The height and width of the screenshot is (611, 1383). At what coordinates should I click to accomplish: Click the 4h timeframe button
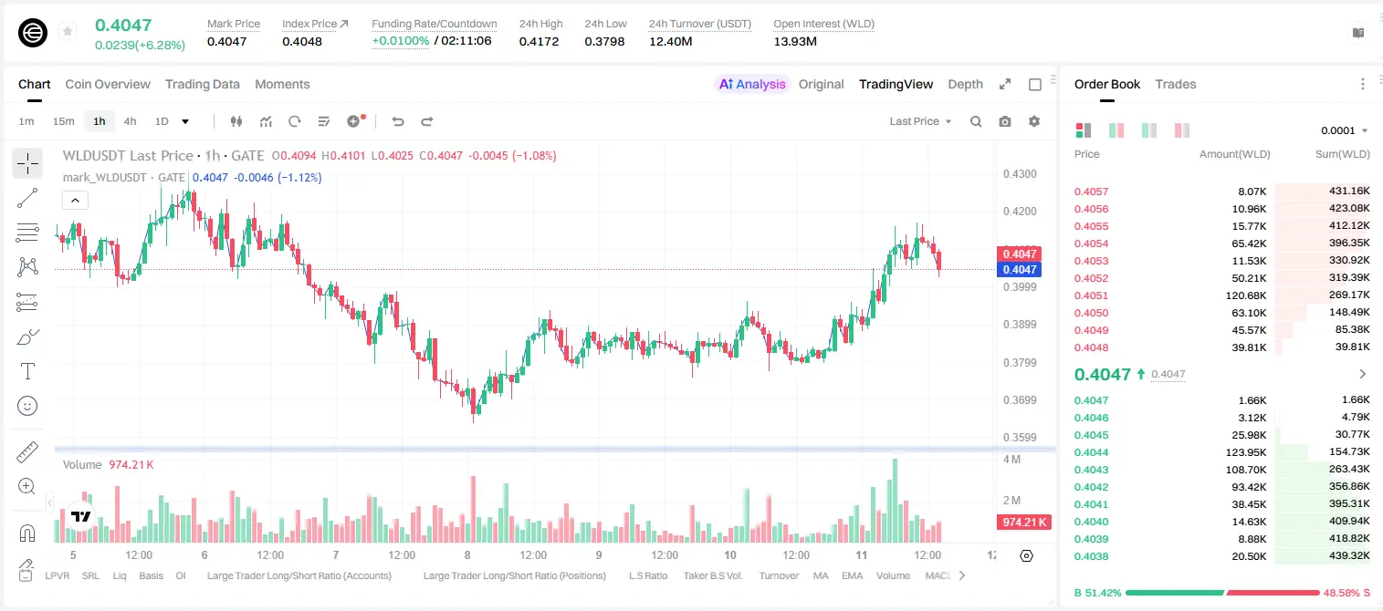click(x=130, y=121)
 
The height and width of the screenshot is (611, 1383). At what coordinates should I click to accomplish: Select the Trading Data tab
click(x=202, y=84)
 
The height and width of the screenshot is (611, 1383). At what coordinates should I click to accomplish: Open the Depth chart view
click(x=965, y=84)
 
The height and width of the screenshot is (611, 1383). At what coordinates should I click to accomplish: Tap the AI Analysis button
click(x=752, y=84)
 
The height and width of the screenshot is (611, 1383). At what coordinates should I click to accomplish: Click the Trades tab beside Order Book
click(x=1176, y=84)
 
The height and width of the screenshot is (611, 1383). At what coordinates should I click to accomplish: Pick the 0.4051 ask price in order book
click(x=1091, y=295)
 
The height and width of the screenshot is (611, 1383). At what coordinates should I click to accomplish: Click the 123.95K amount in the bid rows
click(x=1246, y=452)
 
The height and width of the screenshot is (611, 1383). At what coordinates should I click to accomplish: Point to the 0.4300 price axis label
click(x=1020, y=174)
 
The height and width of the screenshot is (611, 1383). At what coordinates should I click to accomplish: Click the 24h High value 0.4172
click(x=539, y=41)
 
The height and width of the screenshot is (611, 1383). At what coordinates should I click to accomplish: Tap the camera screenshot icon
click(x=1005, y=121)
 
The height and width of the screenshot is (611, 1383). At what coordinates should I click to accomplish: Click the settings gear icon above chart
click(x=1034, y=121)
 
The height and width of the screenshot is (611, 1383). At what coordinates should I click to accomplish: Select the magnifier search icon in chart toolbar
click(x=976, y=121)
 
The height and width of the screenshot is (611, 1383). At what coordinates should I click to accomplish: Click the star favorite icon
click(x=68, y=31)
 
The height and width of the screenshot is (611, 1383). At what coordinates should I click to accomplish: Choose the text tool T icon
click(x=27, y=371)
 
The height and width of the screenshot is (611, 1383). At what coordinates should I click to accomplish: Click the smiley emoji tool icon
click(x=27, y=406)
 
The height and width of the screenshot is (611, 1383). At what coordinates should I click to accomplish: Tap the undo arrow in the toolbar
click(x=398, y=121)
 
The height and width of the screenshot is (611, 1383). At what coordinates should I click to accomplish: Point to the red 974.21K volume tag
click(x=1023, y=523)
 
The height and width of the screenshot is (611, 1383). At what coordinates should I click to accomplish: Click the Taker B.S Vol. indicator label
click(x=712, y=575)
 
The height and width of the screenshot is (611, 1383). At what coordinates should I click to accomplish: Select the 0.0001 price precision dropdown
click(x=1344, y=130)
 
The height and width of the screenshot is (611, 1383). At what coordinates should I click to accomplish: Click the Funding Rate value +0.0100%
click(x=400, y=41)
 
